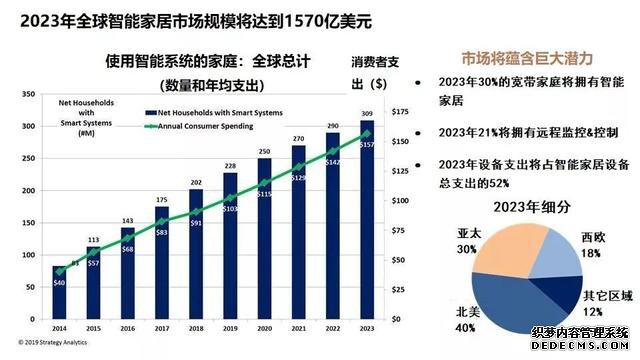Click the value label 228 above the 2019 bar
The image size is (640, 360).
tap(230, 166)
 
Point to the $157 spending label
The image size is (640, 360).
tap(366, 145)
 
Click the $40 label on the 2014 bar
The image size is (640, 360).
tap(59, 283)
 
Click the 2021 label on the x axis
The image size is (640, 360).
tap(298, 327)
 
